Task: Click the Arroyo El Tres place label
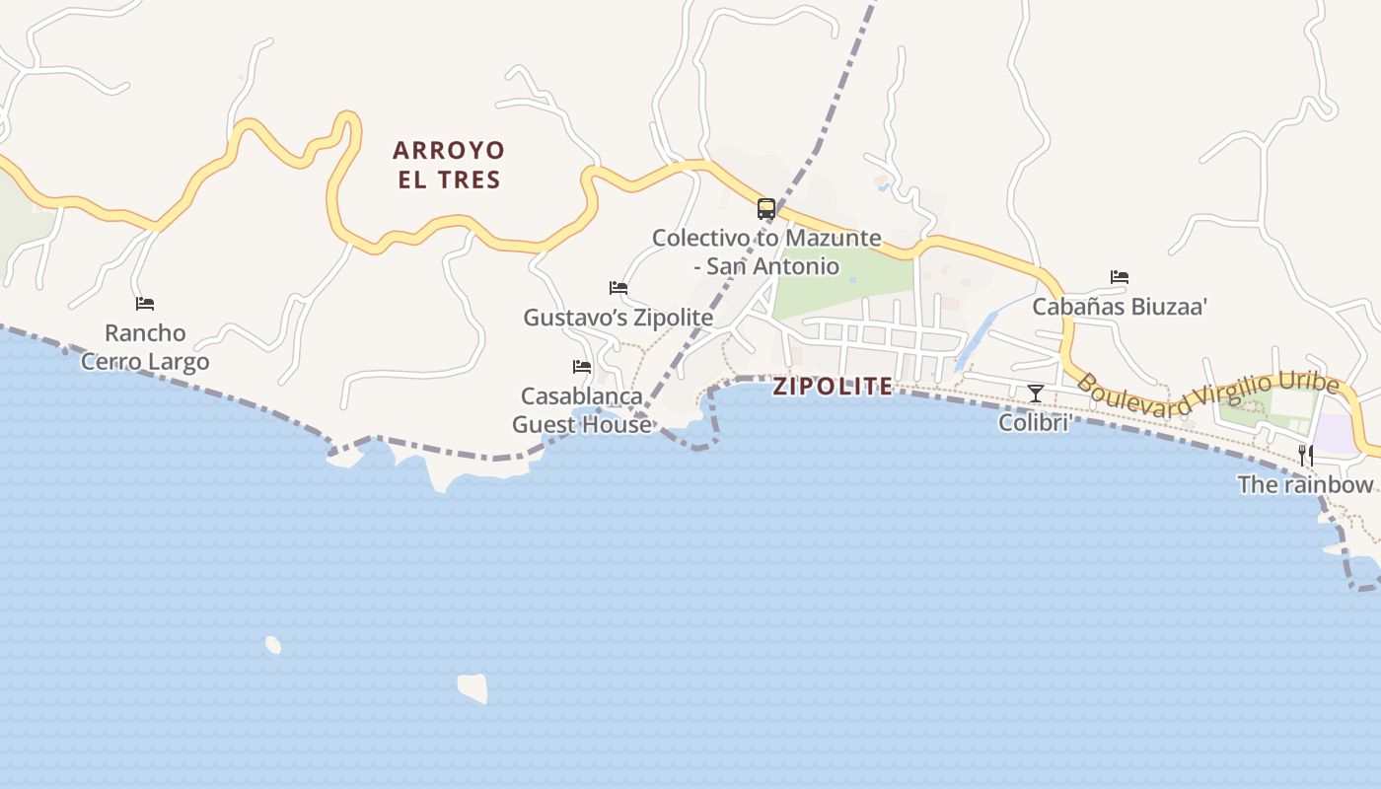click(449, 165)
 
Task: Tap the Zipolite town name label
click(833, 387)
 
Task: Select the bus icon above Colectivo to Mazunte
click(766, 208)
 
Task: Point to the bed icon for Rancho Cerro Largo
click(145, 304)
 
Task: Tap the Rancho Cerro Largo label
click(145, 347)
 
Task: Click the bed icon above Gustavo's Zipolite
click(618, 288)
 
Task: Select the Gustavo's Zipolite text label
click(618, 318)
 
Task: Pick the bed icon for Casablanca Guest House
click(582, 367)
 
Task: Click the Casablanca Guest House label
click(582, 410)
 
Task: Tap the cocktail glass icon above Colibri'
click(1035, 394)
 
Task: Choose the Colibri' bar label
click(1035, 423)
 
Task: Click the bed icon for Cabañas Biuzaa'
click(1120, 277)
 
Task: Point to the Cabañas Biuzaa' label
click(1120, 307)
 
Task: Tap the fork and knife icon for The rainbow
click(1305, 455)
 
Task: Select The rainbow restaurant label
click(1305, 484)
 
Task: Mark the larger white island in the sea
click(473, 687)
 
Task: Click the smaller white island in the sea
click(273, 645)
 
